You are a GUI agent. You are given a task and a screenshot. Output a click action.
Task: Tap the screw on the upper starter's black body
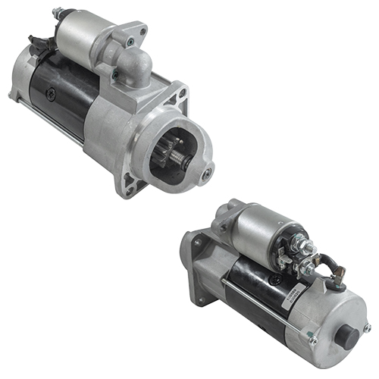51,95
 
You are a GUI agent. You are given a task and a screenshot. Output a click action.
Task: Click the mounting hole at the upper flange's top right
182,93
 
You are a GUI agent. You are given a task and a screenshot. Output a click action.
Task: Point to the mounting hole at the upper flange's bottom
130,181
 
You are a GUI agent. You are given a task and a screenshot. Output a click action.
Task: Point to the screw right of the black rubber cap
367,327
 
